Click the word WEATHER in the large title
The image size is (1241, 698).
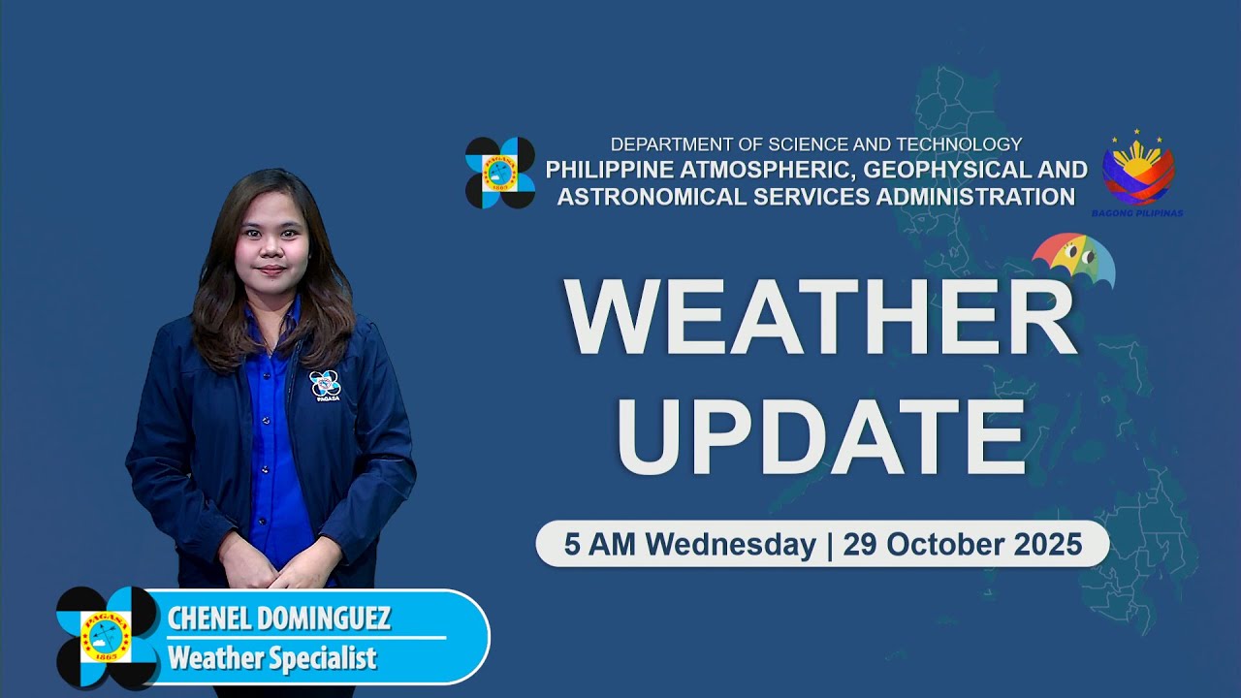[x=821, y=317]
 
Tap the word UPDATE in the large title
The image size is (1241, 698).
[x=821, y=431]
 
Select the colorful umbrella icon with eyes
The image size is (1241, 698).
[x=1073, y=260]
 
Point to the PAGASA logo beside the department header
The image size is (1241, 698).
[x=500, y=173]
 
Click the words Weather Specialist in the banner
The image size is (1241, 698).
[x=271, y=659]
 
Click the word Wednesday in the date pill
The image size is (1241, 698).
[x=730, y=545]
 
